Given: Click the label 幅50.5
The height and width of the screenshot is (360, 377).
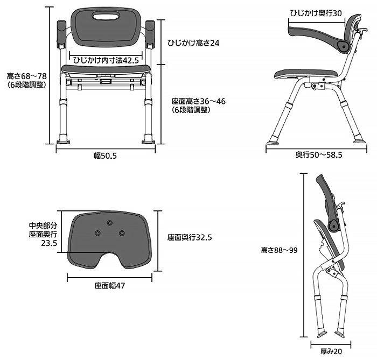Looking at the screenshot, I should pyautogui.click(x=105, y=156).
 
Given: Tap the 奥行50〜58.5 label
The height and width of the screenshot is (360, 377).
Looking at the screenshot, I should pyautogui.click(x=319, y=155).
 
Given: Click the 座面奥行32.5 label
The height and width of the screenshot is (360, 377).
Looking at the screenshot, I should pyautogui.click(x=189, y=237).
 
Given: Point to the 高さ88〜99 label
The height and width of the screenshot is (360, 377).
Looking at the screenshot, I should pyautogui.click(x=279, y=250).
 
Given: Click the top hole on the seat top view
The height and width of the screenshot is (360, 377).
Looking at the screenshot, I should pyautogui.click(x=110, y=223).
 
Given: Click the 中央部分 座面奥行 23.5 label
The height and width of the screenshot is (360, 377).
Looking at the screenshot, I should pyautogui.click(x=43, y=235).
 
